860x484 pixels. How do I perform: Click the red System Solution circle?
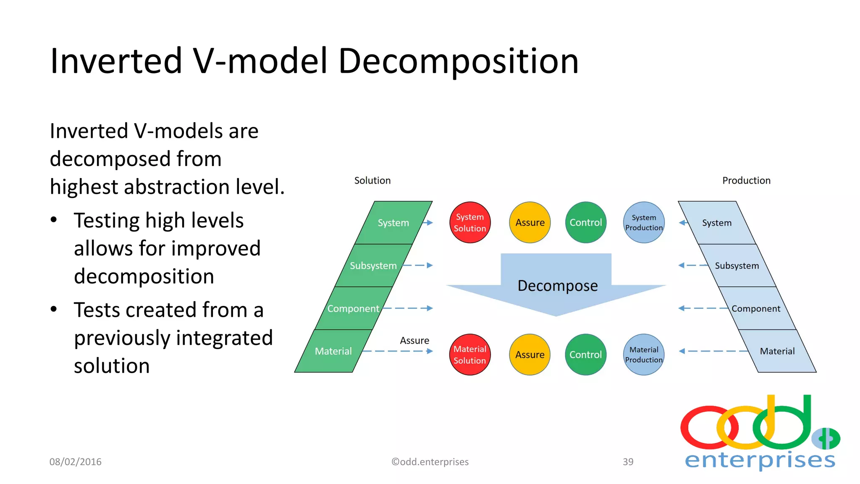click(470, 223)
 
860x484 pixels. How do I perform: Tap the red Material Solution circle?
click(470, 355)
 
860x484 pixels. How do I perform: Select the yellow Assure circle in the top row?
click(530, 223)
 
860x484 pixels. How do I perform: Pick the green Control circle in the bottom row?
click(585, 355)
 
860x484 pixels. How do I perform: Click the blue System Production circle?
click(644, 223)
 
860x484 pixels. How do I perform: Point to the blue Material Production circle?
click(644, 355)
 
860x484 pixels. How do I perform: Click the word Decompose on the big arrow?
click(557, 286)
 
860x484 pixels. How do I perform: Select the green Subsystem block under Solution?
click(373, 266)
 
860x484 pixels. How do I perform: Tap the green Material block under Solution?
click(333, 351)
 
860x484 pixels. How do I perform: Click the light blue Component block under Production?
click(756, 309)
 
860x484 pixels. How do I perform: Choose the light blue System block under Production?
click(717, 223)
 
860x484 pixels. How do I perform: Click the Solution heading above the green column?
click(372, 181)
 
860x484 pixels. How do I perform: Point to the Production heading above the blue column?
click(746, 181)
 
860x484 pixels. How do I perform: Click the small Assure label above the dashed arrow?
click(414, 341)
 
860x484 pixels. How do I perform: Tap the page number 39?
click(628, 462)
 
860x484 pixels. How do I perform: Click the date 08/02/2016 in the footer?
click(76, 462)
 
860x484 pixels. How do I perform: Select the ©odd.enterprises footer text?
click(430, 462)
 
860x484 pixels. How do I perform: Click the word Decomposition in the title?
click(458, 61)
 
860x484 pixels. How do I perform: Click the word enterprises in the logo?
click(760, 460)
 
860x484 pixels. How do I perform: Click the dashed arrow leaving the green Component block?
click(407, 308)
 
